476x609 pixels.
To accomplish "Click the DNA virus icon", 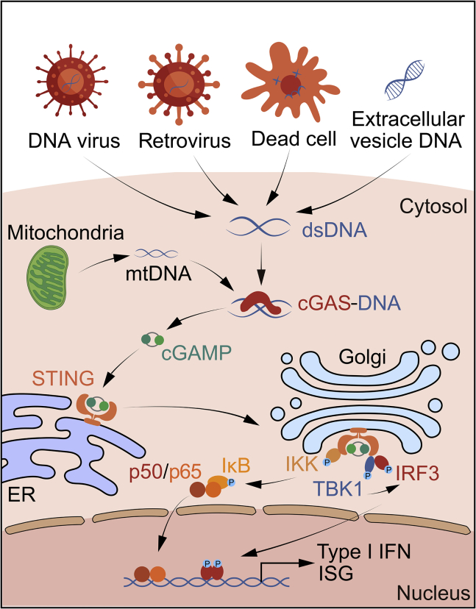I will pyautogui.click(x=71, y=80).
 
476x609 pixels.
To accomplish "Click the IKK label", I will pyautogui.click(x=302, y=463).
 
